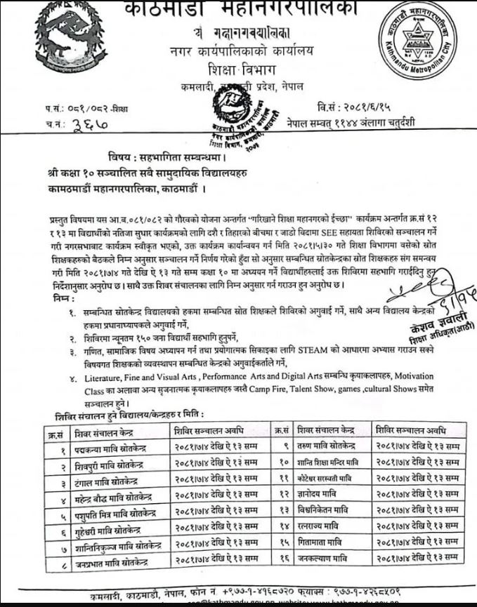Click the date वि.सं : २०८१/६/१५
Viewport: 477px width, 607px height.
click(x=358, y=107)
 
